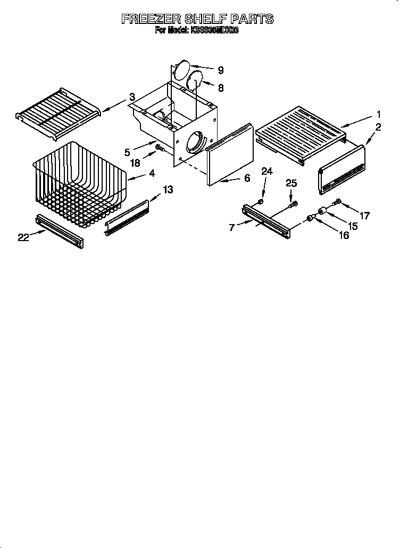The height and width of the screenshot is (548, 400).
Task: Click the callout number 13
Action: [x=167, y=190]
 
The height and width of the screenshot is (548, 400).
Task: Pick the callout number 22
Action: [x=22, y=237]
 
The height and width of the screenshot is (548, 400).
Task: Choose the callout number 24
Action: [x=267, y=172]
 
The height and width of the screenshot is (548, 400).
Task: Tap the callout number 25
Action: [x=290, y=183]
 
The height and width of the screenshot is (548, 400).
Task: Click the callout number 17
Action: [x=364, y=216]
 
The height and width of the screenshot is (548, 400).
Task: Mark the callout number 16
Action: [x=344, y=235]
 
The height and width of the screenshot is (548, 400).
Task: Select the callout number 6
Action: [x=247, y=178]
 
